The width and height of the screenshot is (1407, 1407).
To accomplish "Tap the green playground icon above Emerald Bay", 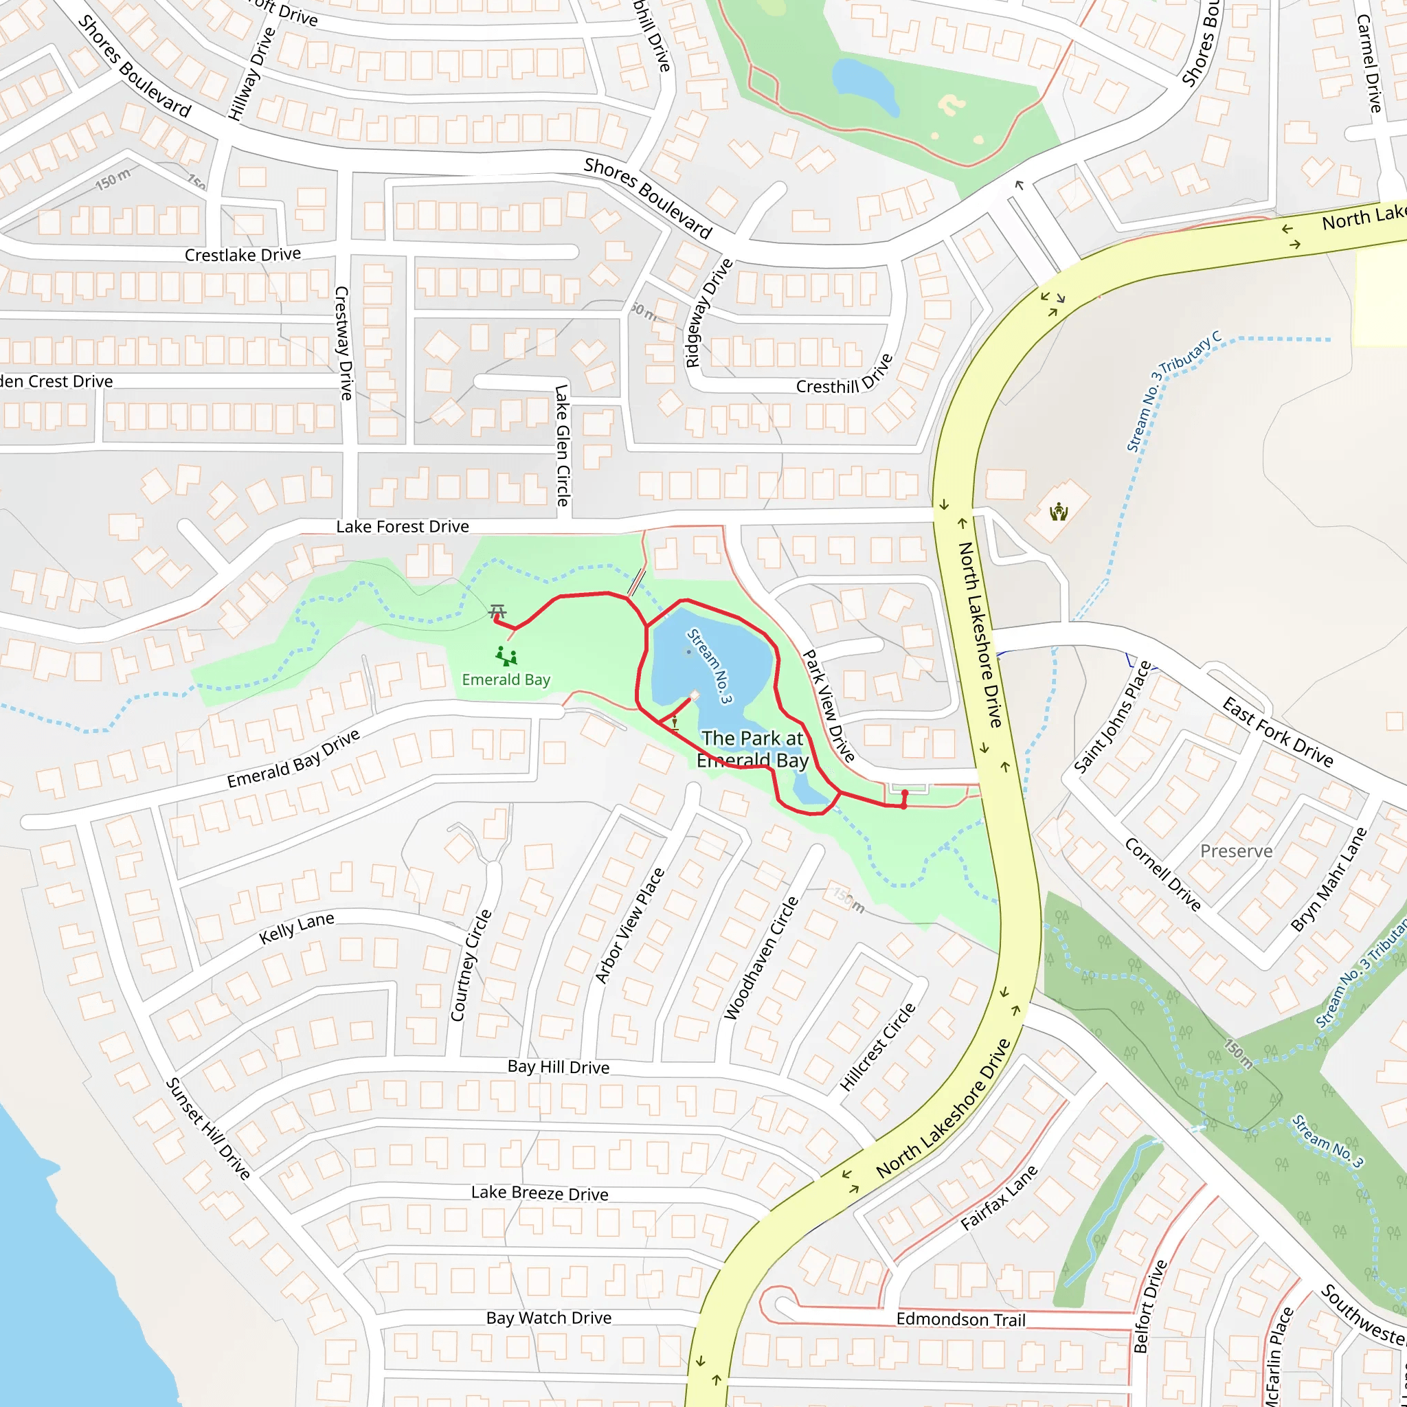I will click(506, 656).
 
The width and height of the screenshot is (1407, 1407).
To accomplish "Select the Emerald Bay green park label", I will click(506, 679).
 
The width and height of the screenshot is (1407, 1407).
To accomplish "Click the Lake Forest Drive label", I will click(402, 526).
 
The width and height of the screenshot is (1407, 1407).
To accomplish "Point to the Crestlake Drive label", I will click(243, 255).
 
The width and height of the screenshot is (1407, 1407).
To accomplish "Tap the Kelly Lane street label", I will click(296, 929).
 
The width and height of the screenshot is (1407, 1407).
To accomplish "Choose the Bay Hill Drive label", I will click(559, 1067).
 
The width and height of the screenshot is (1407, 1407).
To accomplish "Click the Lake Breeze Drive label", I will click(539, 1193).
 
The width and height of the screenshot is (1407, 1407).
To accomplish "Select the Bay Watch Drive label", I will click(548, 1318).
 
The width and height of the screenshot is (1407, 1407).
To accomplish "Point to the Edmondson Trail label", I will click(960, 1320).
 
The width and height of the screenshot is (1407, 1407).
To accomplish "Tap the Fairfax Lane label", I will click(998, 1198).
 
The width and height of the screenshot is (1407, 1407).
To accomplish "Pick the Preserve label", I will click(1236, 851).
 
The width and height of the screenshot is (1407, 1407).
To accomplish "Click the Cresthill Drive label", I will click(844, 376).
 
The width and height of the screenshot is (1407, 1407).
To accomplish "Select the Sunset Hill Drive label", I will click(208, 1128).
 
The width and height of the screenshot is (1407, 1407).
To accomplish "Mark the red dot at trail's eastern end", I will click(905, 793).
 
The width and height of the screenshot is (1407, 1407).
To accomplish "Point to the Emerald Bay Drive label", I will click(293, 758).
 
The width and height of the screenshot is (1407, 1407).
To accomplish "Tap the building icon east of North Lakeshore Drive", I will click(1058, 513).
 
